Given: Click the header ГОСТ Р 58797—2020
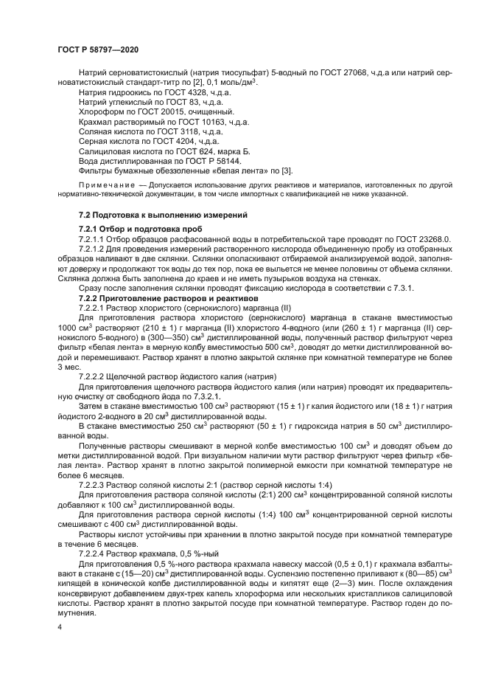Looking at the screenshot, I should (98, 49).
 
